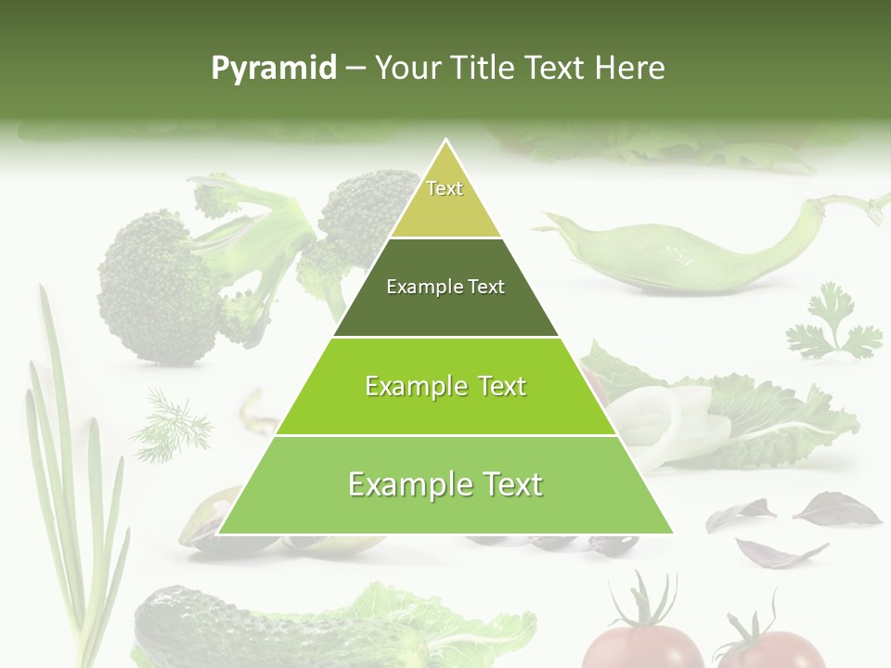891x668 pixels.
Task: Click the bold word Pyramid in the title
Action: click(273, 68)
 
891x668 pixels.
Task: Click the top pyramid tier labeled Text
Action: click(445, 195)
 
